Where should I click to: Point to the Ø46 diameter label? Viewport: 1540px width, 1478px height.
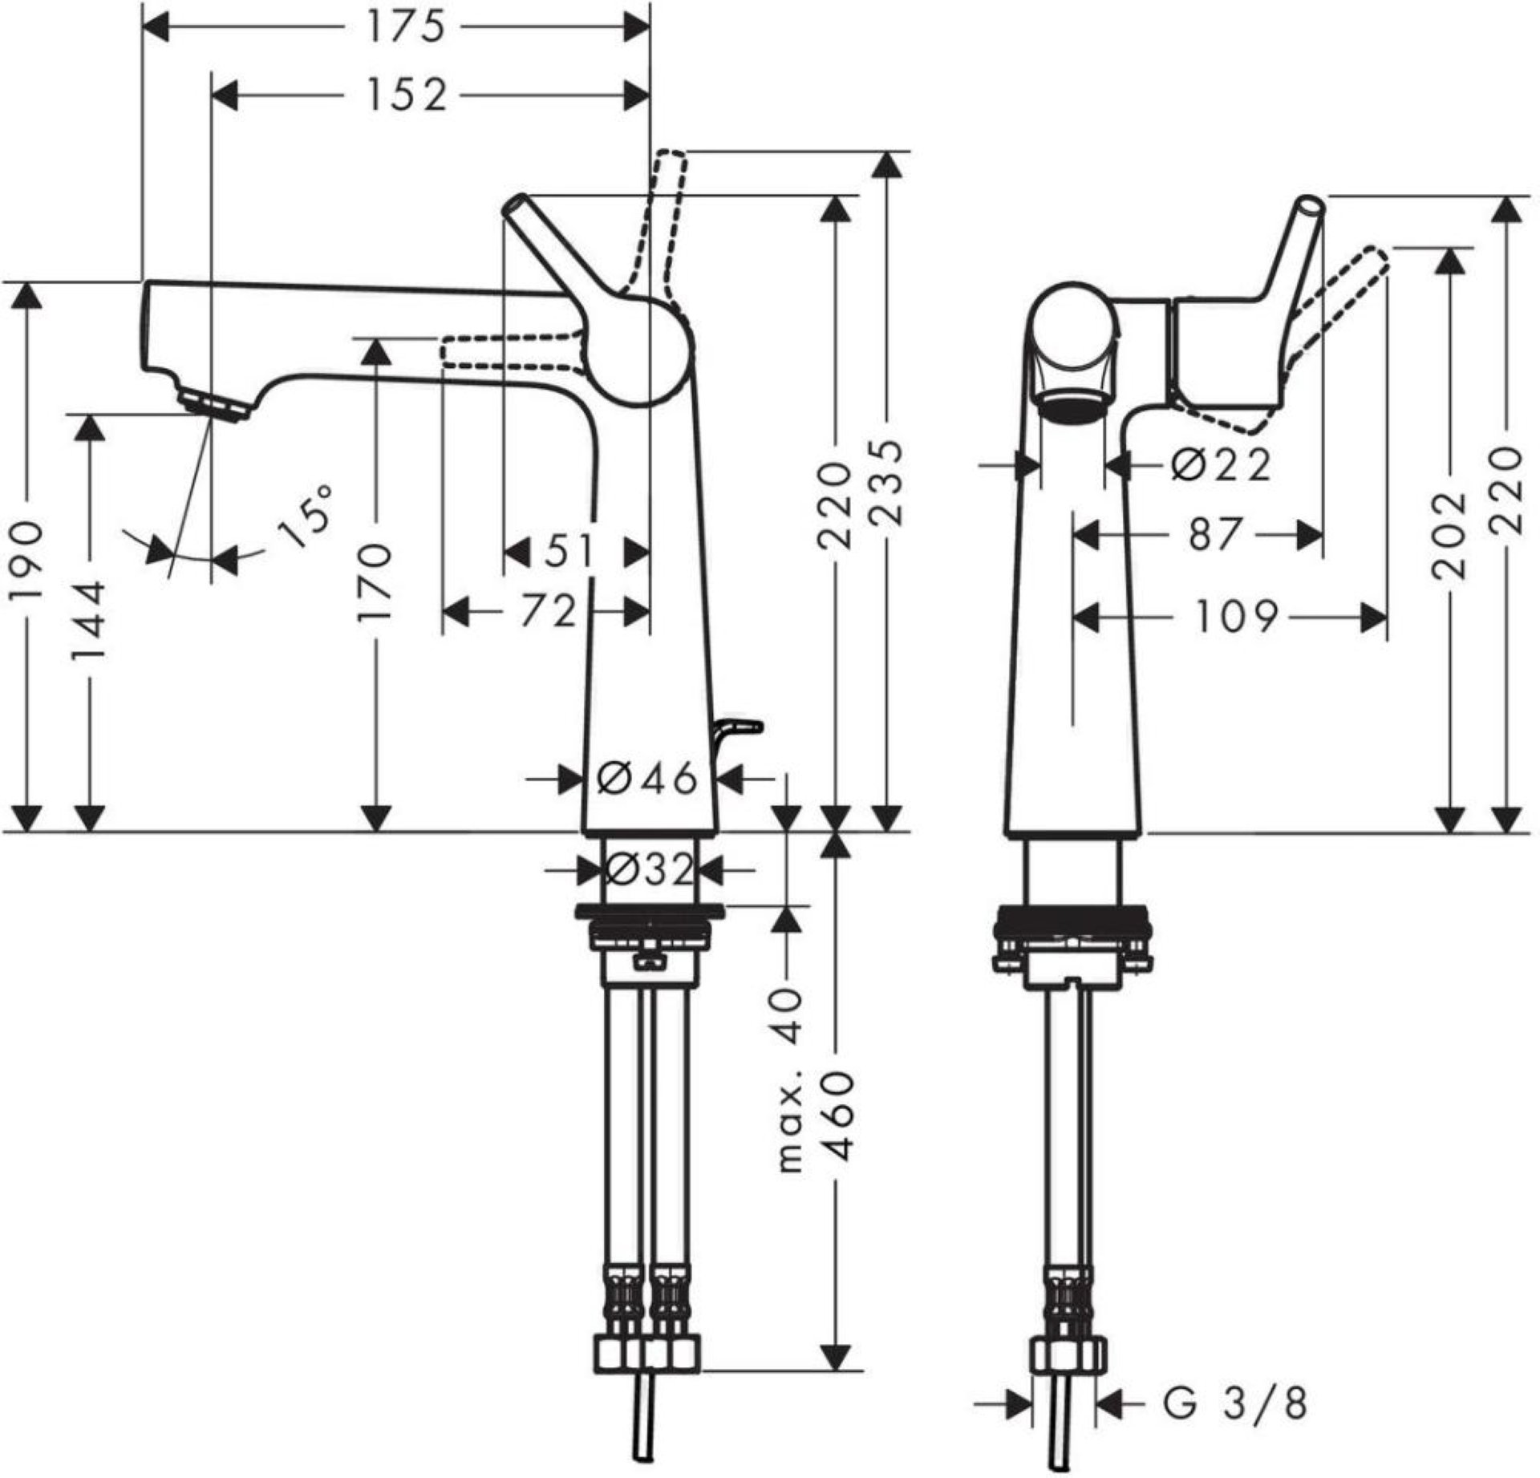(646, 777)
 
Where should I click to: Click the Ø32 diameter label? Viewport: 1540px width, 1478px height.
(648, 869)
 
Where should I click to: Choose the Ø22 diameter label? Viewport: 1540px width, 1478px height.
(1220, 464)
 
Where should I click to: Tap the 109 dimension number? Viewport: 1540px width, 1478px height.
(1236, 618)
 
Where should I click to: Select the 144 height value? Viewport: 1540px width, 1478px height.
(89, 620)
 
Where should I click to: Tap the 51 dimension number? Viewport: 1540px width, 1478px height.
(571, 552)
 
